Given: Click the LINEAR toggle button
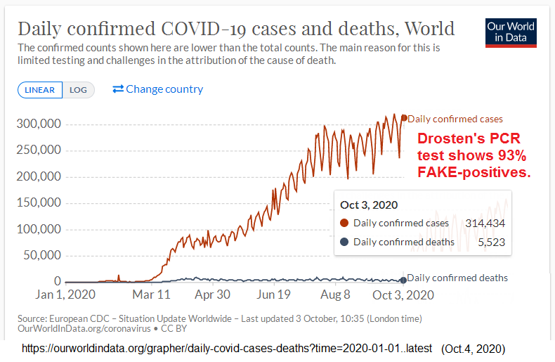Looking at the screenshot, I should (40, 90).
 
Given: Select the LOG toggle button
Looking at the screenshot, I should (78, 90).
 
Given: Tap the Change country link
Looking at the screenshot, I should (157, 89).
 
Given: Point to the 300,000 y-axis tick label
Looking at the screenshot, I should (39, 124).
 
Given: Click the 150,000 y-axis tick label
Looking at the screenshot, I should (39, 203).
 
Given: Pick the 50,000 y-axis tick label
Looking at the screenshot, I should (43, 256).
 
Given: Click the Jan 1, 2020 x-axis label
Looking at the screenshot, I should (65, 295).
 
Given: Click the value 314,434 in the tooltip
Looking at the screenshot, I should (485, 224).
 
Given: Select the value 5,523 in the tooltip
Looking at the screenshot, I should (491, 243).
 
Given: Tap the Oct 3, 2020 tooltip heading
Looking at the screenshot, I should (369, 205).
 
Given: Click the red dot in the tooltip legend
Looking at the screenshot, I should (344, 224).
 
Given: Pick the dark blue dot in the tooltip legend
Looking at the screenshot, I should (344, 243).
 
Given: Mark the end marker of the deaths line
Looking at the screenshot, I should (403, 280).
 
